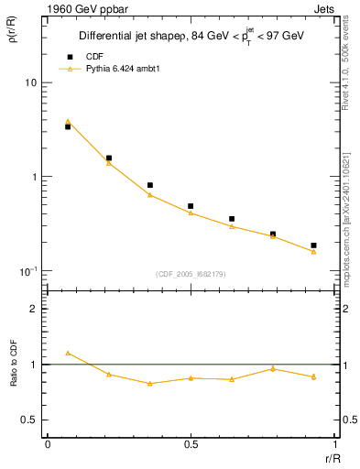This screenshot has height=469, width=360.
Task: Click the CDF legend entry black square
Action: pos(68,55)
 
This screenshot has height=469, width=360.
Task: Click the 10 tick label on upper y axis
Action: pos(30,82)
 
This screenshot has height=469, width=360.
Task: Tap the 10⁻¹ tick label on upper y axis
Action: pos(28,271)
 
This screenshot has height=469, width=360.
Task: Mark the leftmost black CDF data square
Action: pos(68,127)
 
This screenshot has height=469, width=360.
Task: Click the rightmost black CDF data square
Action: pos(313,245)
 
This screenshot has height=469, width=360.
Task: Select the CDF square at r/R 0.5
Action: pos(191,207)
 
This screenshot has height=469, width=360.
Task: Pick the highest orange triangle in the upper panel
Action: pos(68,121)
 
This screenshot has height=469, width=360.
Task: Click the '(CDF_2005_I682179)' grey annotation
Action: pos(191,274)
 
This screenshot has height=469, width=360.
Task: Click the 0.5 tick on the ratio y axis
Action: pos(29,420)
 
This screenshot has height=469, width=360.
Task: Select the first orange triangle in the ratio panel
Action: pos(68,353)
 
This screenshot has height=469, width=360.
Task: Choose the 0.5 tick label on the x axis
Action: pos(191,444)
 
